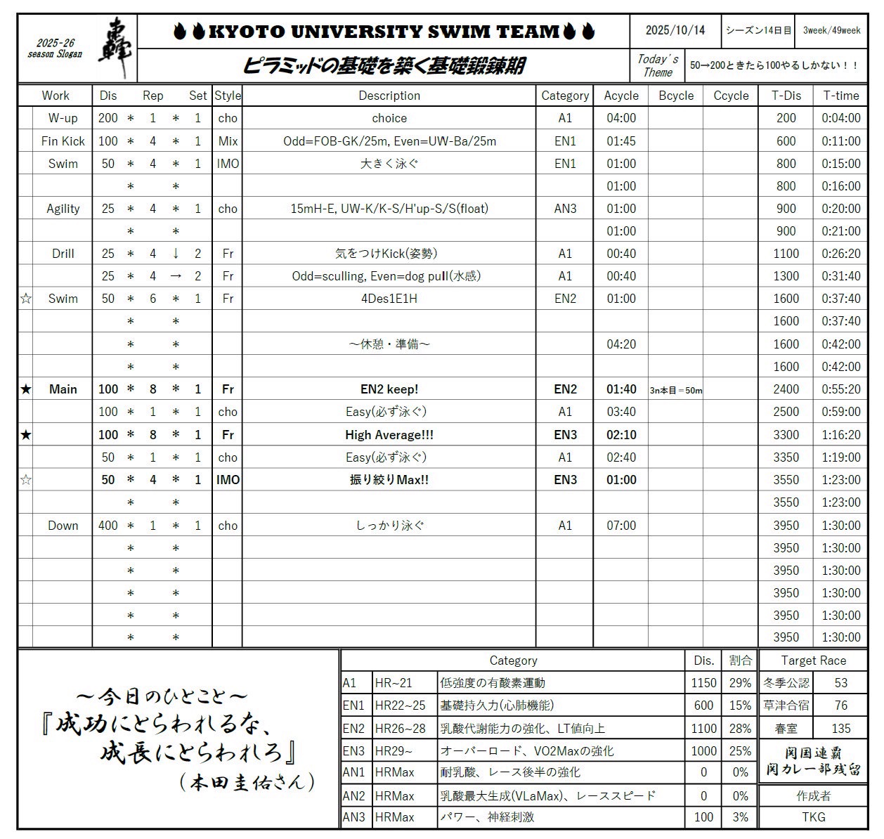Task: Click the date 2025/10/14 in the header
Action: [x=675, y=30]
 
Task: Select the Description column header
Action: [x=389, y=96]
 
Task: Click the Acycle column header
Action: [x=621, y=96]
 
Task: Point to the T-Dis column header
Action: [x=786, y=96]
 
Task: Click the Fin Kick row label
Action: [x=63, y=141]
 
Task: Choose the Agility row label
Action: [x=63, y=209]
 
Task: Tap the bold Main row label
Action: [x=63, y=389]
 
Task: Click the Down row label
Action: [x=63, y=526]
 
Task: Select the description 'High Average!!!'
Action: [x=389, y=435]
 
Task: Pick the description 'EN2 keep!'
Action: [x=389, y=389]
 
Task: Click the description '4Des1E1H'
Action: [x=389, y=299]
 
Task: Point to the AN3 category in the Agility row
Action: [x=565, y=209]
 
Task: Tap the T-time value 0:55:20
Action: [x=840, y=389]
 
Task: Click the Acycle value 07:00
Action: [x=621, y=526]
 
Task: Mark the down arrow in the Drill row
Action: [x=176, y=254]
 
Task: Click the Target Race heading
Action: [x=813, y=661]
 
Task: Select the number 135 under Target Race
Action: [x=840, y=729]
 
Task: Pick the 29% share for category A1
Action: [x=740, y=683]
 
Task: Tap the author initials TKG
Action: [x=813, y=817]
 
